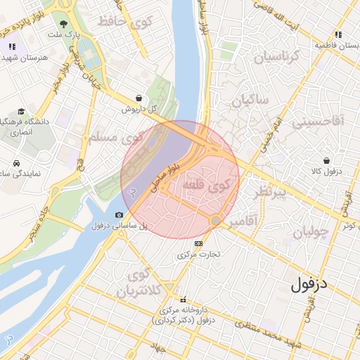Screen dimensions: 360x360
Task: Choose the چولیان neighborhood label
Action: [x=310, y=233]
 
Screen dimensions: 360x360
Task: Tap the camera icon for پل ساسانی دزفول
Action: [x=119, y=214]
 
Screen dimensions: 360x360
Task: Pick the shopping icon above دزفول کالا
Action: [x=326, y=160]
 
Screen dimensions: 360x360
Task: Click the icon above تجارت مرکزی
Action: [x=198, y=243]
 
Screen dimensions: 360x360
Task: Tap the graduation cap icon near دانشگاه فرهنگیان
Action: [x=21, y=111]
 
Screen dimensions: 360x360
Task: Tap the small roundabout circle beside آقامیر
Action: [x=215, y=221]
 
